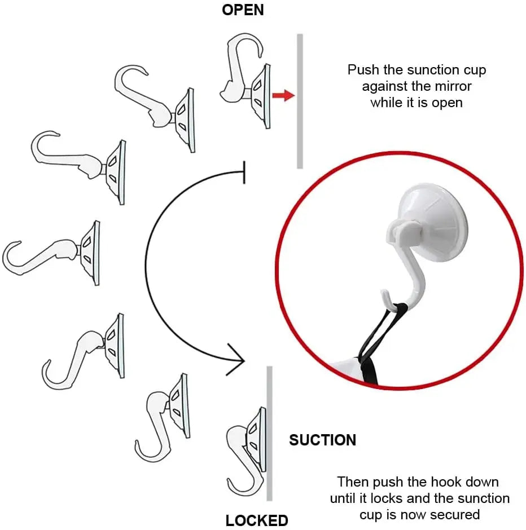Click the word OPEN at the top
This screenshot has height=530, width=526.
[x=243, y=10]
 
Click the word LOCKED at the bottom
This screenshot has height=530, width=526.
[x=257, y=520]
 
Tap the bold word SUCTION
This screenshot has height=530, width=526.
[x=322, y=440]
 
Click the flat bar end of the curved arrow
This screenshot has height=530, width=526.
[x=244, y=171]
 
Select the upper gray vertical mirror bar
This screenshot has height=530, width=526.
[x=300, y=101]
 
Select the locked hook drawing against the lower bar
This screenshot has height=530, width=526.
[x=246, y=451]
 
